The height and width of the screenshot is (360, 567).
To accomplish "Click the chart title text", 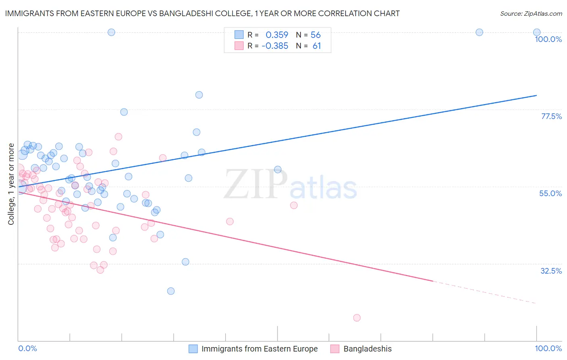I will click(x=202, y=13).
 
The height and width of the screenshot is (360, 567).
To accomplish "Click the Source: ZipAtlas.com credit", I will click(x=531, y=14).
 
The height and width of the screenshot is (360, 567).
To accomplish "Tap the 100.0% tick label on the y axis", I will click(x=548, y=39).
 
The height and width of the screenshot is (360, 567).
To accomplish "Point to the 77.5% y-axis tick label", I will click(x=551, y=116).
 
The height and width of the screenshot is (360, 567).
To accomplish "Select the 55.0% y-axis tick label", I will click(x=550, y=193).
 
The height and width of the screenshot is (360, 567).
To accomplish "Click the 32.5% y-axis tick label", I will click(x=551, y=271).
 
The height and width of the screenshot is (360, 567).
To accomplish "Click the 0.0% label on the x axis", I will click(x=27, y=348).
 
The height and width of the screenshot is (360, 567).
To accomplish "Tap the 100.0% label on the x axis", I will click(x=548, y=348).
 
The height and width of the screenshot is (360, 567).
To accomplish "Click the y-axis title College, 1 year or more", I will click(x=11, y=184).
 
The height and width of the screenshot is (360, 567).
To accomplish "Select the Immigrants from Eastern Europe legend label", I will click(x=259, y=349).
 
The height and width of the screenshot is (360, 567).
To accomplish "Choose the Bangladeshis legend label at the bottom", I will click(x=367, y=349).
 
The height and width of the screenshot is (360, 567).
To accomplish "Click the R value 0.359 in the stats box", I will click(x=277, y=35).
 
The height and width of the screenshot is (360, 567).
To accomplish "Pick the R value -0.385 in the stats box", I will click(x=275, y=46).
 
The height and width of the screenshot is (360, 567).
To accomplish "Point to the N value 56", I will click(x=315, y=35).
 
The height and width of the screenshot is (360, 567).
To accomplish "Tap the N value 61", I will click(x=317, y=46).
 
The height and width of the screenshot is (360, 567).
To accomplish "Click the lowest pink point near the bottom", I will click(x=356, y=318).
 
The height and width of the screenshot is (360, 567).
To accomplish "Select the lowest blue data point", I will click(x=171, y=291).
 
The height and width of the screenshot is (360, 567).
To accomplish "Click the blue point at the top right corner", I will click(x=536, y=32).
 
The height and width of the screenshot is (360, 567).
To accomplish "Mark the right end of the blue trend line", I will click(x=536, y=95).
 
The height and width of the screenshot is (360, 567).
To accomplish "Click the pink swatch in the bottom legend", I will click(x=335, y=349).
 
